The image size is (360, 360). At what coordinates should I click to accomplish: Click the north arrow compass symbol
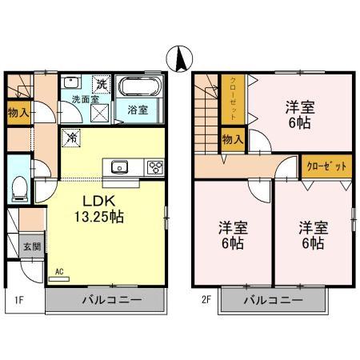click(x=180, y=58)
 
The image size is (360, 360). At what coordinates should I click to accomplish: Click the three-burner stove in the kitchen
click(x=154, y=167)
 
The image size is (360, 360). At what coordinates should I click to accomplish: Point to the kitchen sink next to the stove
click(x=121, y=167)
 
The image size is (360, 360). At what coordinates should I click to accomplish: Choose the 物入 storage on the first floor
click(x=18, y=113)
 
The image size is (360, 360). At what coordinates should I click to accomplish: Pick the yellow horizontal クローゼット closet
click(x=327, y=166)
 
